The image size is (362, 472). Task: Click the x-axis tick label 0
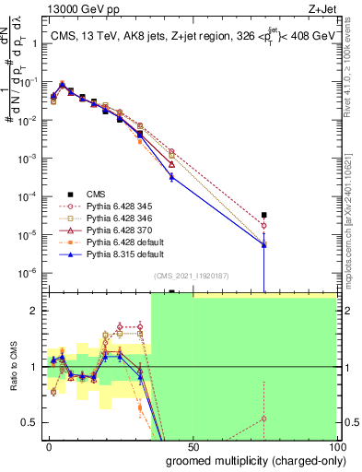click(50, 445)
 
